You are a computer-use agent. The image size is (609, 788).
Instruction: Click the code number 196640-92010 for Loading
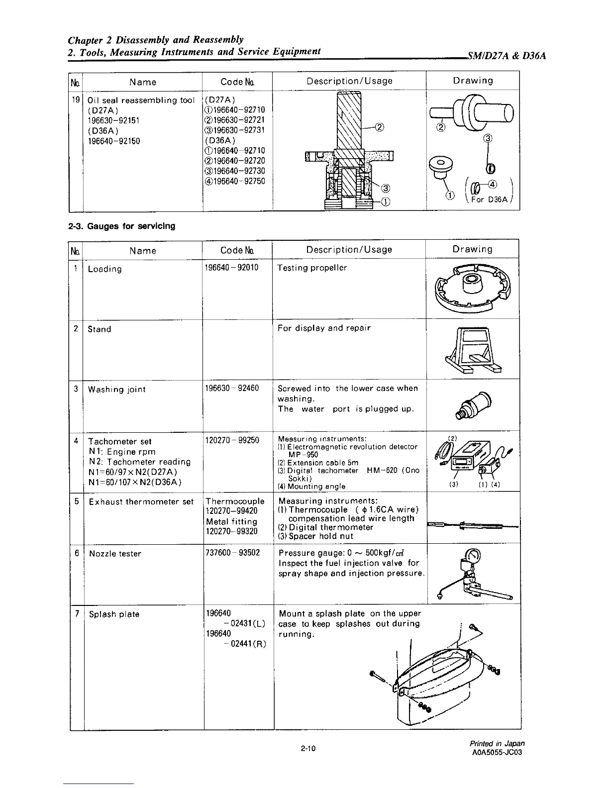(231, 268)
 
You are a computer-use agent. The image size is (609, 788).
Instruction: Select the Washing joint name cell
(117, 389)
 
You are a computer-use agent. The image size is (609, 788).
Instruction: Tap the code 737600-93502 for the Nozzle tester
(232, 553)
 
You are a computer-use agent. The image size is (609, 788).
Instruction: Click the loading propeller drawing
(472, 289)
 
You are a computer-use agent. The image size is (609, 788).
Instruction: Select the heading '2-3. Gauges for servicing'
(122, 226)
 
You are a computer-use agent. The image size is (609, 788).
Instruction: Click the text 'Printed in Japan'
(497, 744)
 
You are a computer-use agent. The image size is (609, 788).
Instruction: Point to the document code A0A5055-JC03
(497, 752)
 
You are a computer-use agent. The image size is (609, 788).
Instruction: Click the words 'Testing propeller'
(312, 268)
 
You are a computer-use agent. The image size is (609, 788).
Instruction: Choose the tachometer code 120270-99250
(232, 440)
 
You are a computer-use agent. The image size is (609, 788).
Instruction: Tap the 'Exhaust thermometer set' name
(141, 501)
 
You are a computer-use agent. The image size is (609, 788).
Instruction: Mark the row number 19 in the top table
(76, 99)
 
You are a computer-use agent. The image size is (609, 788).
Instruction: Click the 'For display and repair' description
(324, 328)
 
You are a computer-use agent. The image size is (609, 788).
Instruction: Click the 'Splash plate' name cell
(114, 614)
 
